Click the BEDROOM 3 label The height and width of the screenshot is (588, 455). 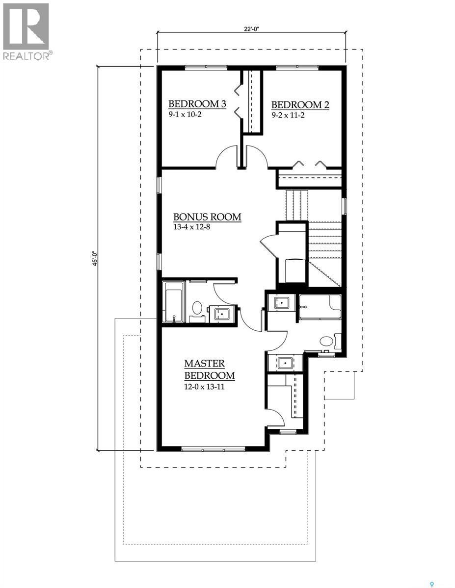pos(197,104)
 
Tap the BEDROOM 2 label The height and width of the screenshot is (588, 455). pos(300,105)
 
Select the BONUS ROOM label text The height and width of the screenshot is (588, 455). pos(208,217)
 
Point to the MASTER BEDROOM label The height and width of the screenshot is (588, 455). pos(209,370)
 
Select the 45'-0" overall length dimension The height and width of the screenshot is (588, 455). pos(96,258)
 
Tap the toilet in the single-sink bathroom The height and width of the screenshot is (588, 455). pos(197,308)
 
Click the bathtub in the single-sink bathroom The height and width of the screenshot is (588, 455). pos(173,302)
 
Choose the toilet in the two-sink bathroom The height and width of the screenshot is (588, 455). pos(327,341)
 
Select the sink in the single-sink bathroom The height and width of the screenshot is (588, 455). pos(221,314)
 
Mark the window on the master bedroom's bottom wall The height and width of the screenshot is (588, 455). pos(213,448)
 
